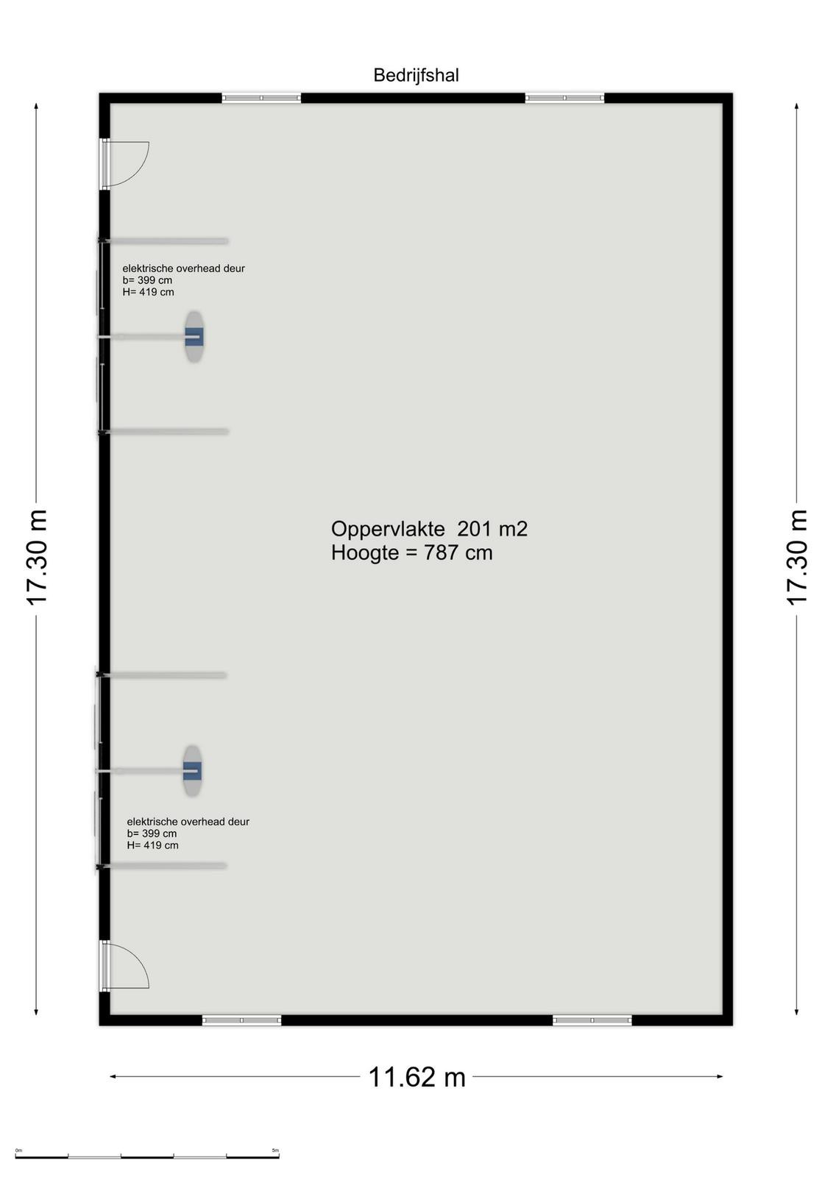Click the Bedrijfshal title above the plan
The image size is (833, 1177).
click(416, 75)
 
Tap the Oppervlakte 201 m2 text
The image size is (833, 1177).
click(429, 529)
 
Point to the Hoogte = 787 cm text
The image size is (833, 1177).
click(411, 552)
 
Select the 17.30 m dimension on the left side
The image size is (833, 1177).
click(38, 557)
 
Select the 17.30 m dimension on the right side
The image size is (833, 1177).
click(797, 557)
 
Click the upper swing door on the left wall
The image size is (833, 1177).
click(125, 164)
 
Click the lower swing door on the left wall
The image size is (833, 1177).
click(125, 964)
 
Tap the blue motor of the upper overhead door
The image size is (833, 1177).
click(194, 336)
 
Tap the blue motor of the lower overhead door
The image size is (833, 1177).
click(192, 770)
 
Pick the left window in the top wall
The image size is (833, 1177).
click(261, 98)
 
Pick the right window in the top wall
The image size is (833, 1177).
click(564, 98)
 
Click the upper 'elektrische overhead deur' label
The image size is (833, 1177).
click(183, 269)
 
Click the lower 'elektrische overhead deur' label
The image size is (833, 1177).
click(188, 822)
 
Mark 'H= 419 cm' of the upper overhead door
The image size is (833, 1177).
click(148, 292)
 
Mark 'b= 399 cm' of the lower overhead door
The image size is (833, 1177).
click(152, 834)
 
